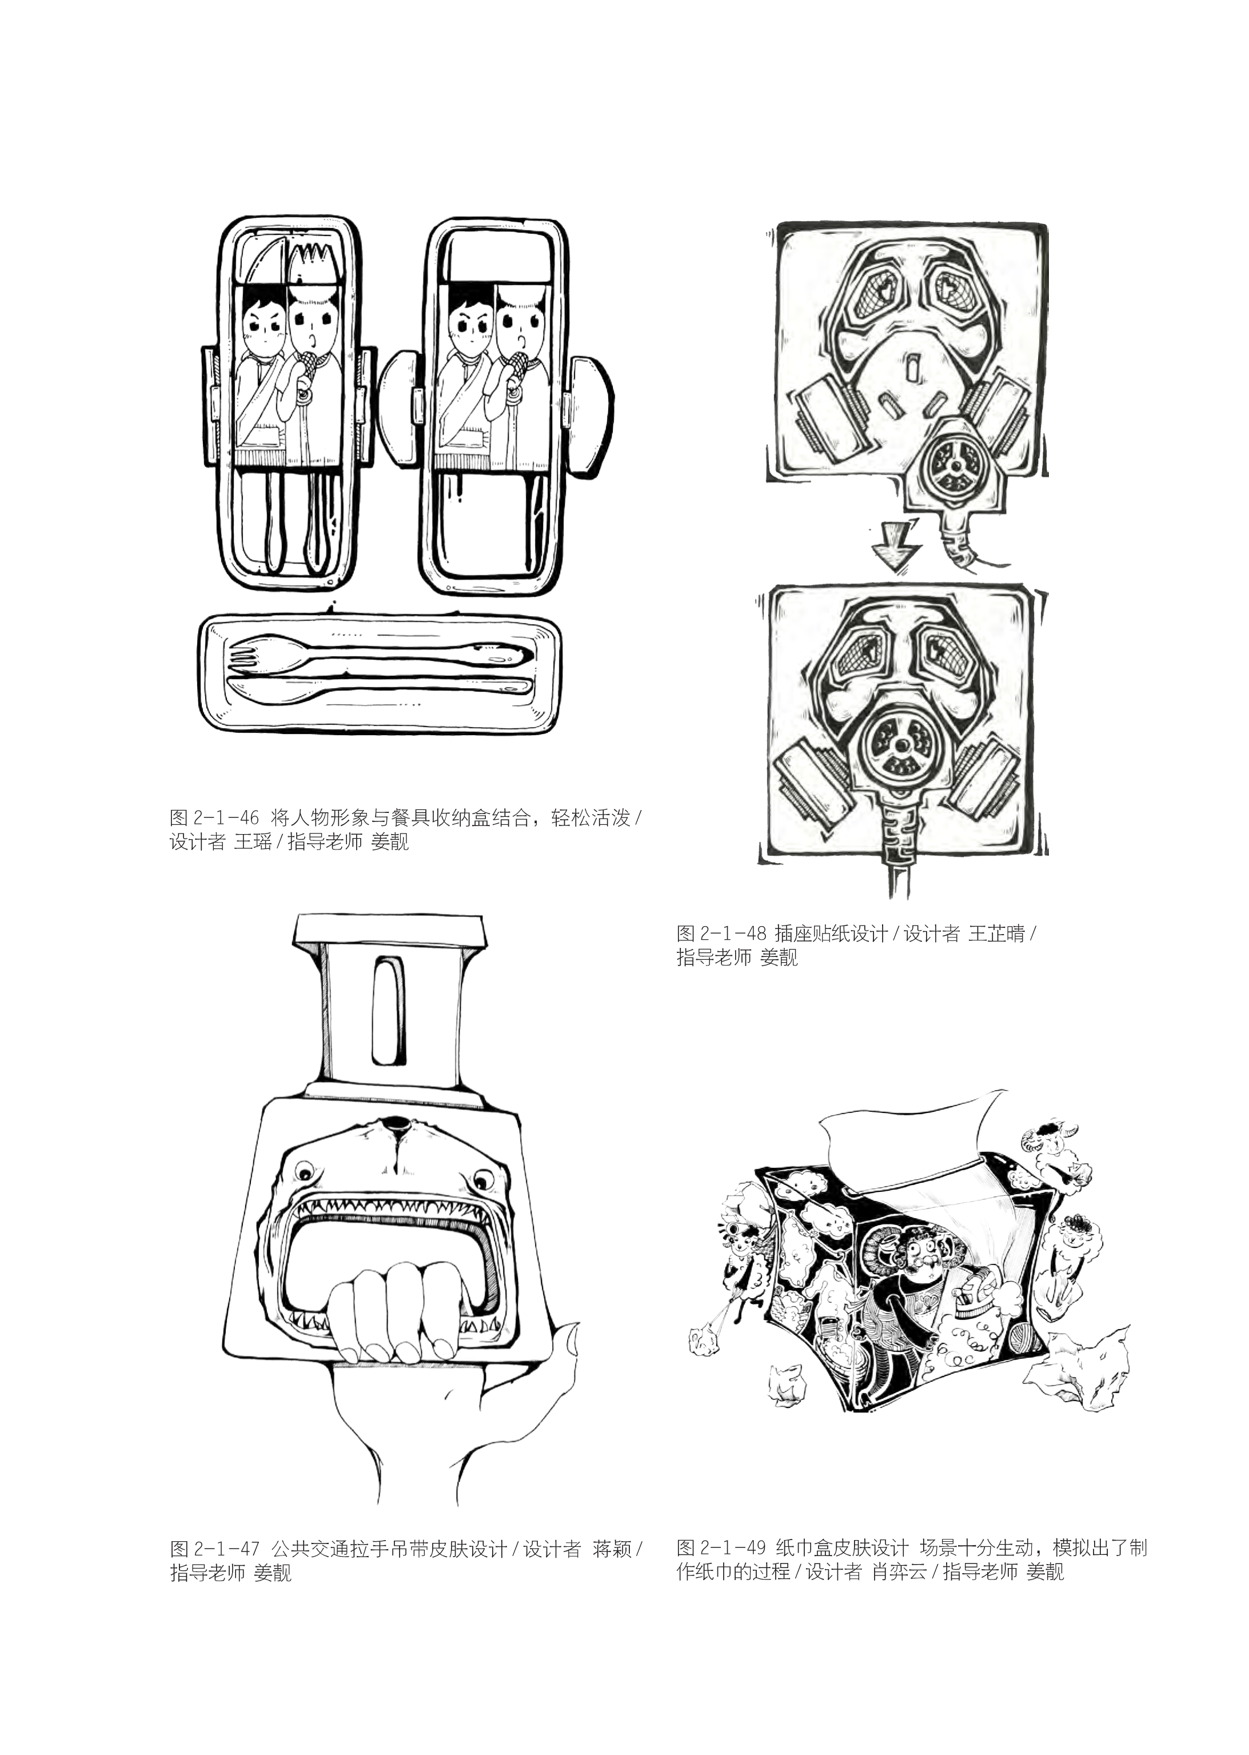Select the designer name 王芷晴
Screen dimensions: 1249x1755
pyautogui.click(x=997, y=934)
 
